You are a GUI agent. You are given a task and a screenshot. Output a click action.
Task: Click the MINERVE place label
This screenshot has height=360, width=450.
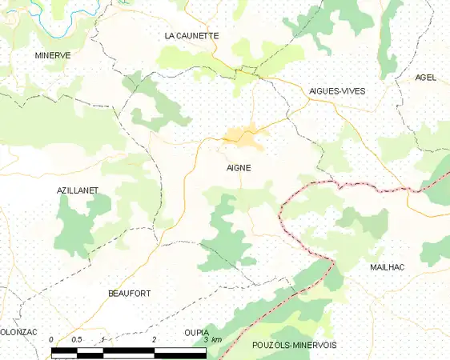tap(53, 55)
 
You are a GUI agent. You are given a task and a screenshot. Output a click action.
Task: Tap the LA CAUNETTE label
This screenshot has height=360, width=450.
tap(191, 35)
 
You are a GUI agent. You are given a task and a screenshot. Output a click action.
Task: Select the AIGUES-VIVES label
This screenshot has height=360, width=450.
tap(337, 91)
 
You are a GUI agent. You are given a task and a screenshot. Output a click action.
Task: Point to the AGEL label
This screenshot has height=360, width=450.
tap(425, 78)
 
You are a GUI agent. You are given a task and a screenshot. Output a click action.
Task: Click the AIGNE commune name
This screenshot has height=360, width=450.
tap(238, 168)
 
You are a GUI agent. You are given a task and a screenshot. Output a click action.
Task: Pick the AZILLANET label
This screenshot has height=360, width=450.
tap(77, 192)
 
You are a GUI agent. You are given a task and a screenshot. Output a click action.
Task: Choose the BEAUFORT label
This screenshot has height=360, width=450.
tap(129, 294)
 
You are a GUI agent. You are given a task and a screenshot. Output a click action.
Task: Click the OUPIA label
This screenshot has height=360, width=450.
tap(196, 332)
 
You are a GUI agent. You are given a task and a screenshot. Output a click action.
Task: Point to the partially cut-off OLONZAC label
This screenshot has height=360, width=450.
tap(18, 332)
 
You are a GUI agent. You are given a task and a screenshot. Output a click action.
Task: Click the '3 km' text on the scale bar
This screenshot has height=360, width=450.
tap(212, 342)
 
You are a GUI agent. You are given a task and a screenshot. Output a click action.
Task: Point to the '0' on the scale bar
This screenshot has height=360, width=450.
tap(51, 342)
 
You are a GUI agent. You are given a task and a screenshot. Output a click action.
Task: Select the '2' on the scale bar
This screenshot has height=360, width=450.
tap(154, 342)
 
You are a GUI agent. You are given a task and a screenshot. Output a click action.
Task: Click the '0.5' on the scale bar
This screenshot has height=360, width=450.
tap(77, 342)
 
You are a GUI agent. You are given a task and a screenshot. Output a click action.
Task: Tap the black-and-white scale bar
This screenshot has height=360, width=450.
tap(128, 351)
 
